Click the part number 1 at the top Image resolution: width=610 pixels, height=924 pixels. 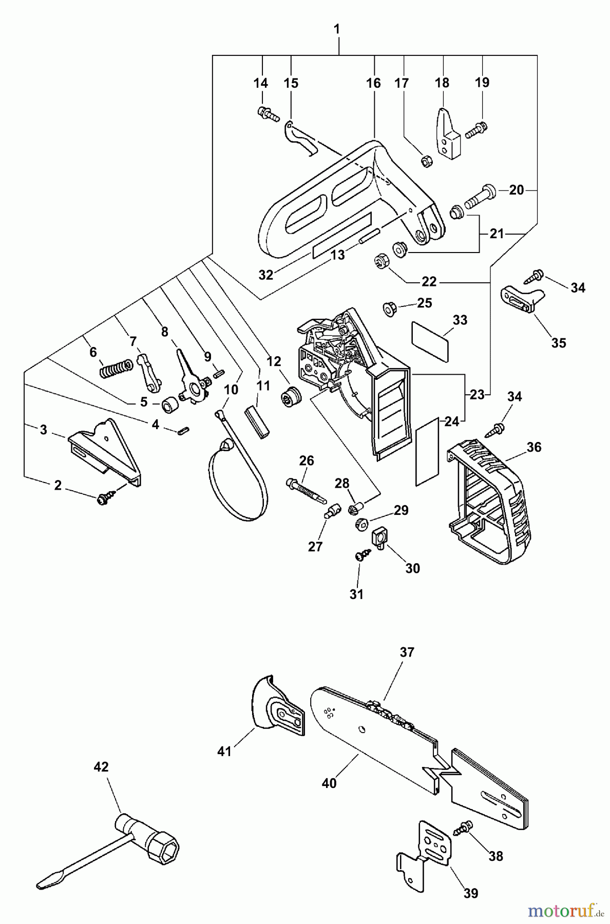pos(337,29)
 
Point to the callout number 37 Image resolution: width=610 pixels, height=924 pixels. pos(407,652)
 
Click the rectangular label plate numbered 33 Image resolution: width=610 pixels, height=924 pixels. pos(430,341)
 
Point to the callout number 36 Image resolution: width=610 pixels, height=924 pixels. pos(534,447)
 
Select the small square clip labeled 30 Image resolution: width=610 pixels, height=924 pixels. pos(379,538)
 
